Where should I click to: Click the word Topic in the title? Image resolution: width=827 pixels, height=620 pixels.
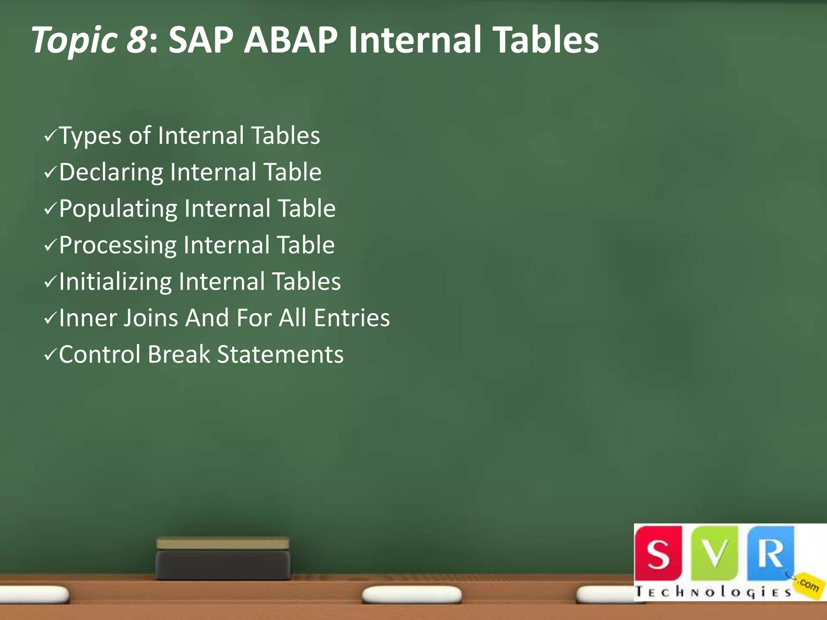click(74, 40)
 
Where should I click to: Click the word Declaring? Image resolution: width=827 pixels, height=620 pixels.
click(111, 173)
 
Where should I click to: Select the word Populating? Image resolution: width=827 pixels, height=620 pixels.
click(118, 209)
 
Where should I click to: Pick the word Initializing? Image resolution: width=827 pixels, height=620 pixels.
click(115, 282)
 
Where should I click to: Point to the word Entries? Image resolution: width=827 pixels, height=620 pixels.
click(352, 318)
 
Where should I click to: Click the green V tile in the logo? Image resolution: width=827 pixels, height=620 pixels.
click(714, 553)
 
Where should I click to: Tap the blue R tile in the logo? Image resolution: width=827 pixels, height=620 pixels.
click(770, 553)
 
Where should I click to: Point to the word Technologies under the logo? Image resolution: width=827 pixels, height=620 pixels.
click(713, 592)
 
